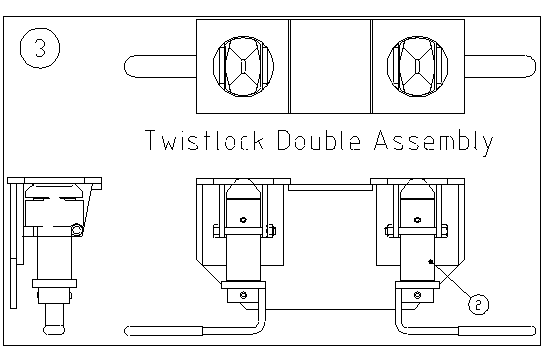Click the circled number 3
pos(40,48)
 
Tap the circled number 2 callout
pos(479,305)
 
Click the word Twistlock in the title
pos(205,140)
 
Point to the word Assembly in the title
pos(434,142)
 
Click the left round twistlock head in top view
pos(243,66)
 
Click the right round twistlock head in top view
pos(418,66)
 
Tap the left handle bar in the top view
pos(160,66)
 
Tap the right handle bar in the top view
pos(500,66)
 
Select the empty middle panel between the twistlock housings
pos(330,66)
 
